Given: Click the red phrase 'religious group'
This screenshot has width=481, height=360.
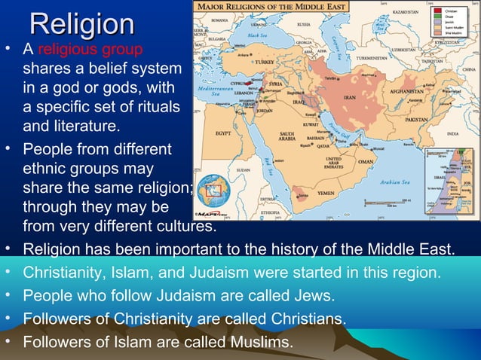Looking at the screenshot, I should (x=88, y=51).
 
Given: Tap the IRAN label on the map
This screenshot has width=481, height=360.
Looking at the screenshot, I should (x=350, y=97).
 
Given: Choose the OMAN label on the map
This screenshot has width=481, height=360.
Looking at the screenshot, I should (x=366, y=160).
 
